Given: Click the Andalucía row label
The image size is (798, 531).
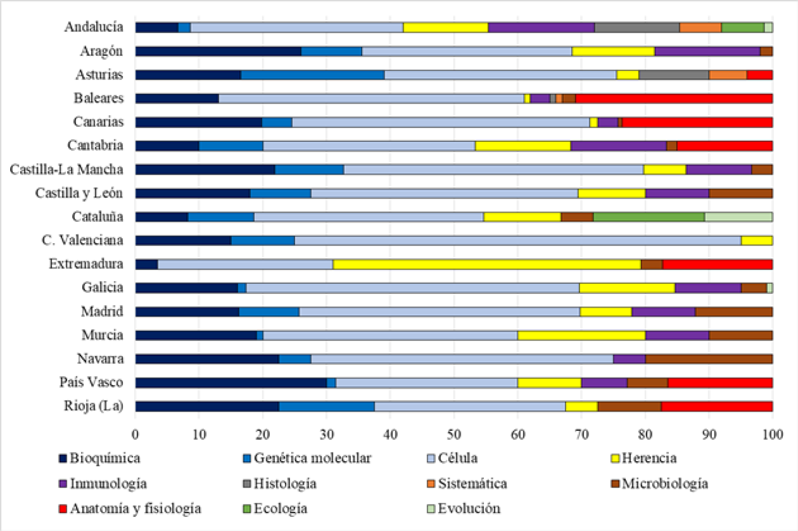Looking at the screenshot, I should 93,27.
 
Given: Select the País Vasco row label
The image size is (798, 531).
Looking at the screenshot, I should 91,382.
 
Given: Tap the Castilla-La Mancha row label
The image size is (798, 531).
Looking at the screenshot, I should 66,169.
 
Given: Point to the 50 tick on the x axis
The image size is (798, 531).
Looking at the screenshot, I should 454,434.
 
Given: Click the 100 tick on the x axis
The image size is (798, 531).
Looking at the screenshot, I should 772,434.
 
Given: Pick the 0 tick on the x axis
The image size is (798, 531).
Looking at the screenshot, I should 135,434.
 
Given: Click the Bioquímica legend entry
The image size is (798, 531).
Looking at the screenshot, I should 100,458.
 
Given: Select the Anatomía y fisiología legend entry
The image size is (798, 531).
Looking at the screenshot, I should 130,508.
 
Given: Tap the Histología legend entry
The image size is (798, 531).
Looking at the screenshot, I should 279,484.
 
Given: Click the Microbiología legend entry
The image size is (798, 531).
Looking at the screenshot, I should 659,484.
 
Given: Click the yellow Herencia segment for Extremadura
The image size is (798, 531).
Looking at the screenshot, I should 487,264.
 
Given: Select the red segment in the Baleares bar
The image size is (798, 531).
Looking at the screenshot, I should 674,99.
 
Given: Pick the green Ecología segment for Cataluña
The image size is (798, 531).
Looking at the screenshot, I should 649,217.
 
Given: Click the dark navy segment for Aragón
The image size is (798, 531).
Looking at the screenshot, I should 219,51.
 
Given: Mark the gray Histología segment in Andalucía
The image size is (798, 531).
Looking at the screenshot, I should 637,28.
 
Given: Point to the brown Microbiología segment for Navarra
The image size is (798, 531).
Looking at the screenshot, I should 708,359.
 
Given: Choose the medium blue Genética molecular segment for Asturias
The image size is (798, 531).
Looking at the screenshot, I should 313,75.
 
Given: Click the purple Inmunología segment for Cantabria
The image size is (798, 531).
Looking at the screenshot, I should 618,146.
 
